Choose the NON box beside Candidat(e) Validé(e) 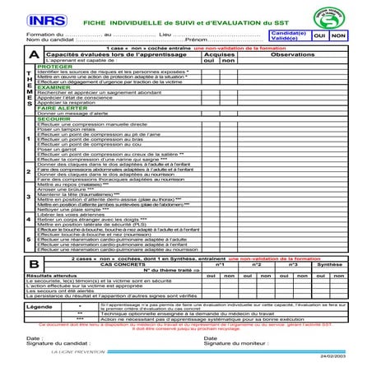point(337,35)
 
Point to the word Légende point(40,306)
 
